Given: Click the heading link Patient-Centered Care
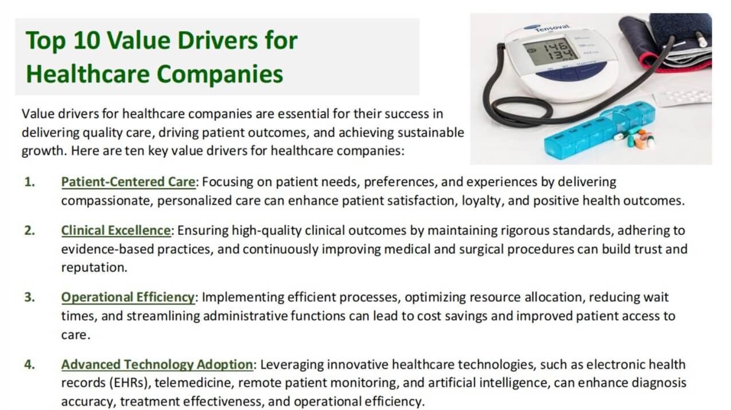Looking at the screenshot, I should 128,182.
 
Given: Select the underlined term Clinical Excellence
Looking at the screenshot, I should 116,230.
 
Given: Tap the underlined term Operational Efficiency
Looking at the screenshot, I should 128,297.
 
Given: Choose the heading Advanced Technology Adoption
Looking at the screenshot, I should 156,364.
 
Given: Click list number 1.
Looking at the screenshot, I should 29,182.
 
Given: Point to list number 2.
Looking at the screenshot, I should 29,230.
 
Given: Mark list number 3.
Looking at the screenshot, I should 29,297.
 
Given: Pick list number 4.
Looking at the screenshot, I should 29,364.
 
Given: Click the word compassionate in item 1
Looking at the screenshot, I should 107,201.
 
